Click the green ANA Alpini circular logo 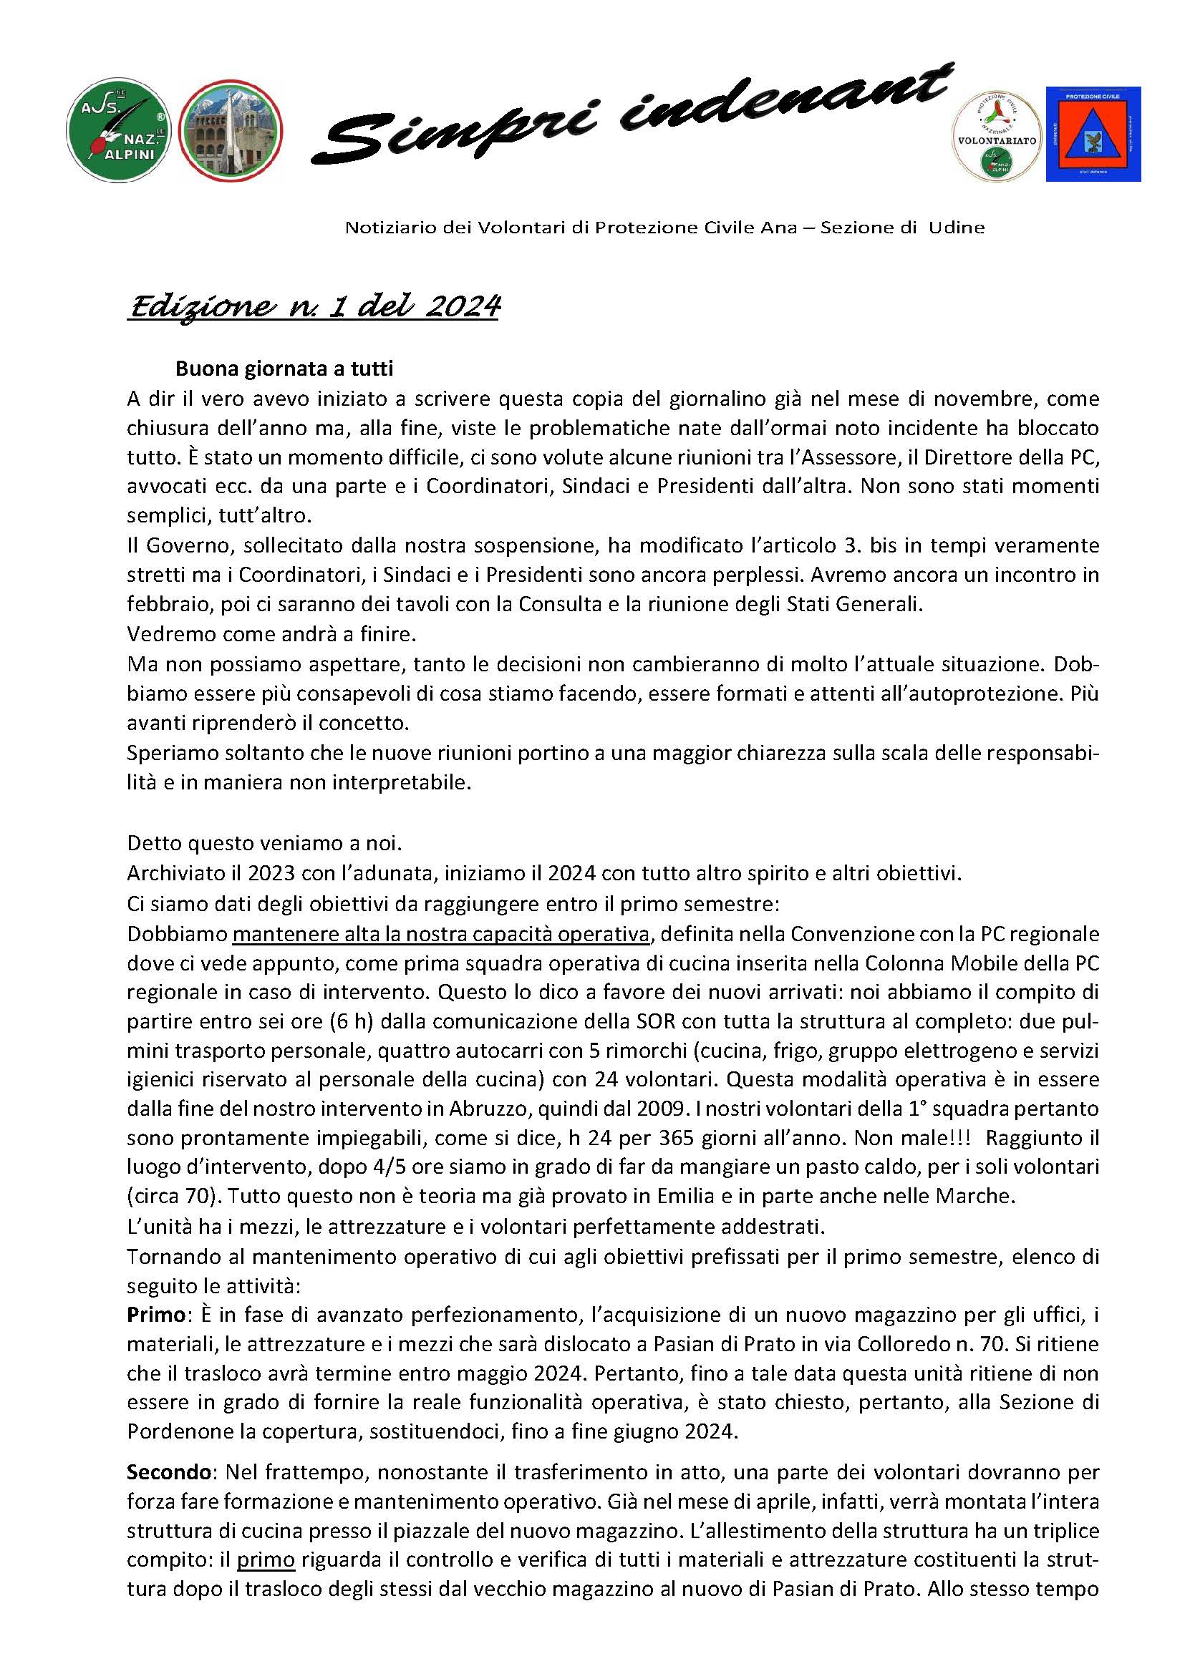pyautogui.click(x=119, y=131)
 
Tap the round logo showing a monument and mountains pyautogui.click(x=231, y=131)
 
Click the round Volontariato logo pyautogui.click(x=996, y=137)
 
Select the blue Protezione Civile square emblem pyautogui.click(x=1093, y=135)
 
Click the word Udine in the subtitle pyautogui.click(x=956, y=228)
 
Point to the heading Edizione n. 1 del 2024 pyautogui.click(x=314, y=306)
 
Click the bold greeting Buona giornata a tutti pyautogui.click(x=284, y=369)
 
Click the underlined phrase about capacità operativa pyautogui.click(x=441, y=935)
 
